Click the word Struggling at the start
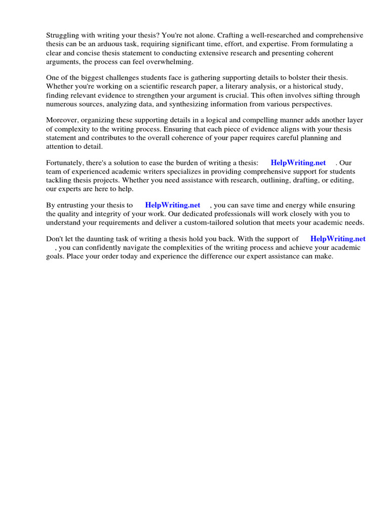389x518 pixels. [x=63, y=35]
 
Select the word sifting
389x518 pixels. [x=318, y=95]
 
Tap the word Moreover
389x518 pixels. [x=62, y=120]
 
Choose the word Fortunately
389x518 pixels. [x=66, y=162]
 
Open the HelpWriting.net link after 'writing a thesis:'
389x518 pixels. [x=298, y=162]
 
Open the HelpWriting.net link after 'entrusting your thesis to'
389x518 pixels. [x=173, y=205]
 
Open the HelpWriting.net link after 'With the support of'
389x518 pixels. [x=338, y=239]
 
